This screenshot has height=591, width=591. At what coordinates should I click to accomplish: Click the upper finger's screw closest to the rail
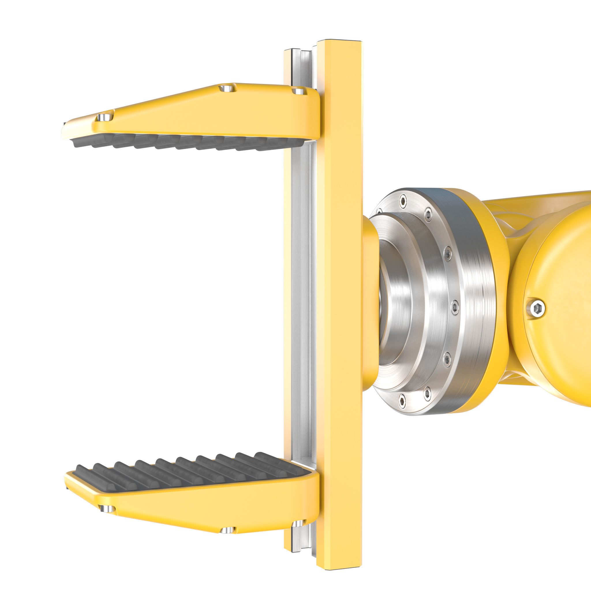(298, 91)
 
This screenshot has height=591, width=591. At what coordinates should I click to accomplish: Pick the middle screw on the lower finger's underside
(227, 530)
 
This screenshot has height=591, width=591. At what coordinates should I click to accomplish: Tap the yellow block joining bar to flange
(370, 303)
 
